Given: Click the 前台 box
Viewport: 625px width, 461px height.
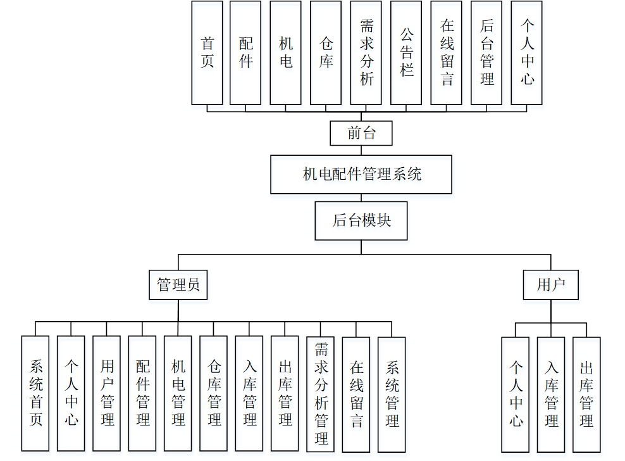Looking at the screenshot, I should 361,134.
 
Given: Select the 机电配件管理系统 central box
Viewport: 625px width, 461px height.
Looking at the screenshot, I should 361,174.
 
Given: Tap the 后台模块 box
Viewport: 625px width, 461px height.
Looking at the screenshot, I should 361,220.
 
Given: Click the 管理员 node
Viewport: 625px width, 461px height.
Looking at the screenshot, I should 178,285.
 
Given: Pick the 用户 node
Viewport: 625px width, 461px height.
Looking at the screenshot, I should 551,285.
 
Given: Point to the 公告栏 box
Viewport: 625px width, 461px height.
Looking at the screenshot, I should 406,53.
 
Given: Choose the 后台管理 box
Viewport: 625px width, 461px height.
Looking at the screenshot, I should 486,53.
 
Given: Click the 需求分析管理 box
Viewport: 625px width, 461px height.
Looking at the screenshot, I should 321,393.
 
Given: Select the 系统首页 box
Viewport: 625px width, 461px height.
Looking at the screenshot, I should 35,393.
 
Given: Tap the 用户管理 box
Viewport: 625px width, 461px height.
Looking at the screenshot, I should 107,393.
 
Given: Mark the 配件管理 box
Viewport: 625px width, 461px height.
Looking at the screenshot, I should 142,393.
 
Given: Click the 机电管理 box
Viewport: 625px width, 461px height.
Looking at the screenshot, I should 178,393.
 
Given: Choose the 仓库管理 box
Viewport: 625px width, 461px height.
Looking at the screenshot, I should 214,393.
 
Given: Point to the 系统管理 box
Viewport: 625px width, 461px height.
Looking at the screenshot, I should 392,393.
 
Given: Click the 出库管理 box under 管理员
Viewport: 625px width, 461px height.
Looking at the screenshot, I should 285,393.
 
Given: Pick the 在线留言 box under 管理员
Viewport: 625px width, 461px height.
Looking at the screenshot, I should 356,393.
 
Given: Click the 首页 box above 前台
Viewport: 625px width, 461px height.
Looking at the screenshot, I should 207,53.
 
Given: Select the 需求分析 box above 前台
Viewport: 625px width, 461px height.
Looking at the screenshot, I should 366,53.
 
